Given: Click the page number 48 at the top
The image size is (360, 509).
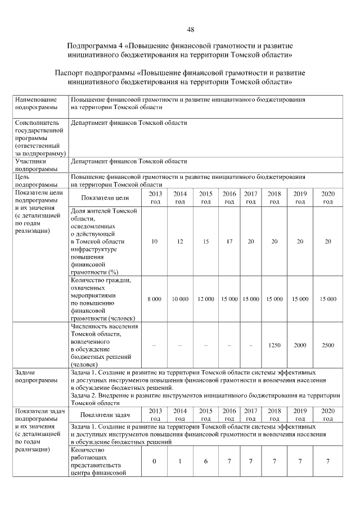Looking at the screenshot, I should point(190,29).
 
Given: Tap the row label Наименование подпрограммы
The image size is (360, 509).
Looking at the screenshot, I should point(37,103).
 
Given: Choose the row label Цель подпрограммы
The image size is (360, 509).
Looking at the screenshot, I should point(37,181).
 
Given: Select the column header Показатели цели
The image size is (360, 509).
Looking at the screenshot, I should point(105,197).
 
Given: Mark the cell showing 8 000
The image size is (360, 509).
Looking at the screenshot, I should point(155,299).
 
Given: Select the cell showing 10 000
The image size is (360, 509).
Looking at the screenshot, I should point(180,299).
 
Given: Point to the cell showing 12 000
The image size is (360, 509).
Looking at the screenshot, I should point(206,299).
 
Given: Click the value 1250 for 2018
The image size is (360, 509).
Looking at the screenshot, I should point(274,345).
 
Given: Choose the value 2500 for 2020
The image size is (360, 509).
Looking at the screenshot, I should point(327,345).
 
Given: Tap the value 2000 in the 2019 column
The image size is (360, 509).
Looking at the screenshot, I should point(300,345).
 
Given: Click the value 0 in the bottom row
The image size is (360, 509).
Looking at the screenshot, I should point(155,461).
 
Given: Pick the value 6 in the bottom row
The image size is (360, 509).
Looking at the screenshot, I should point(206,461).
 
